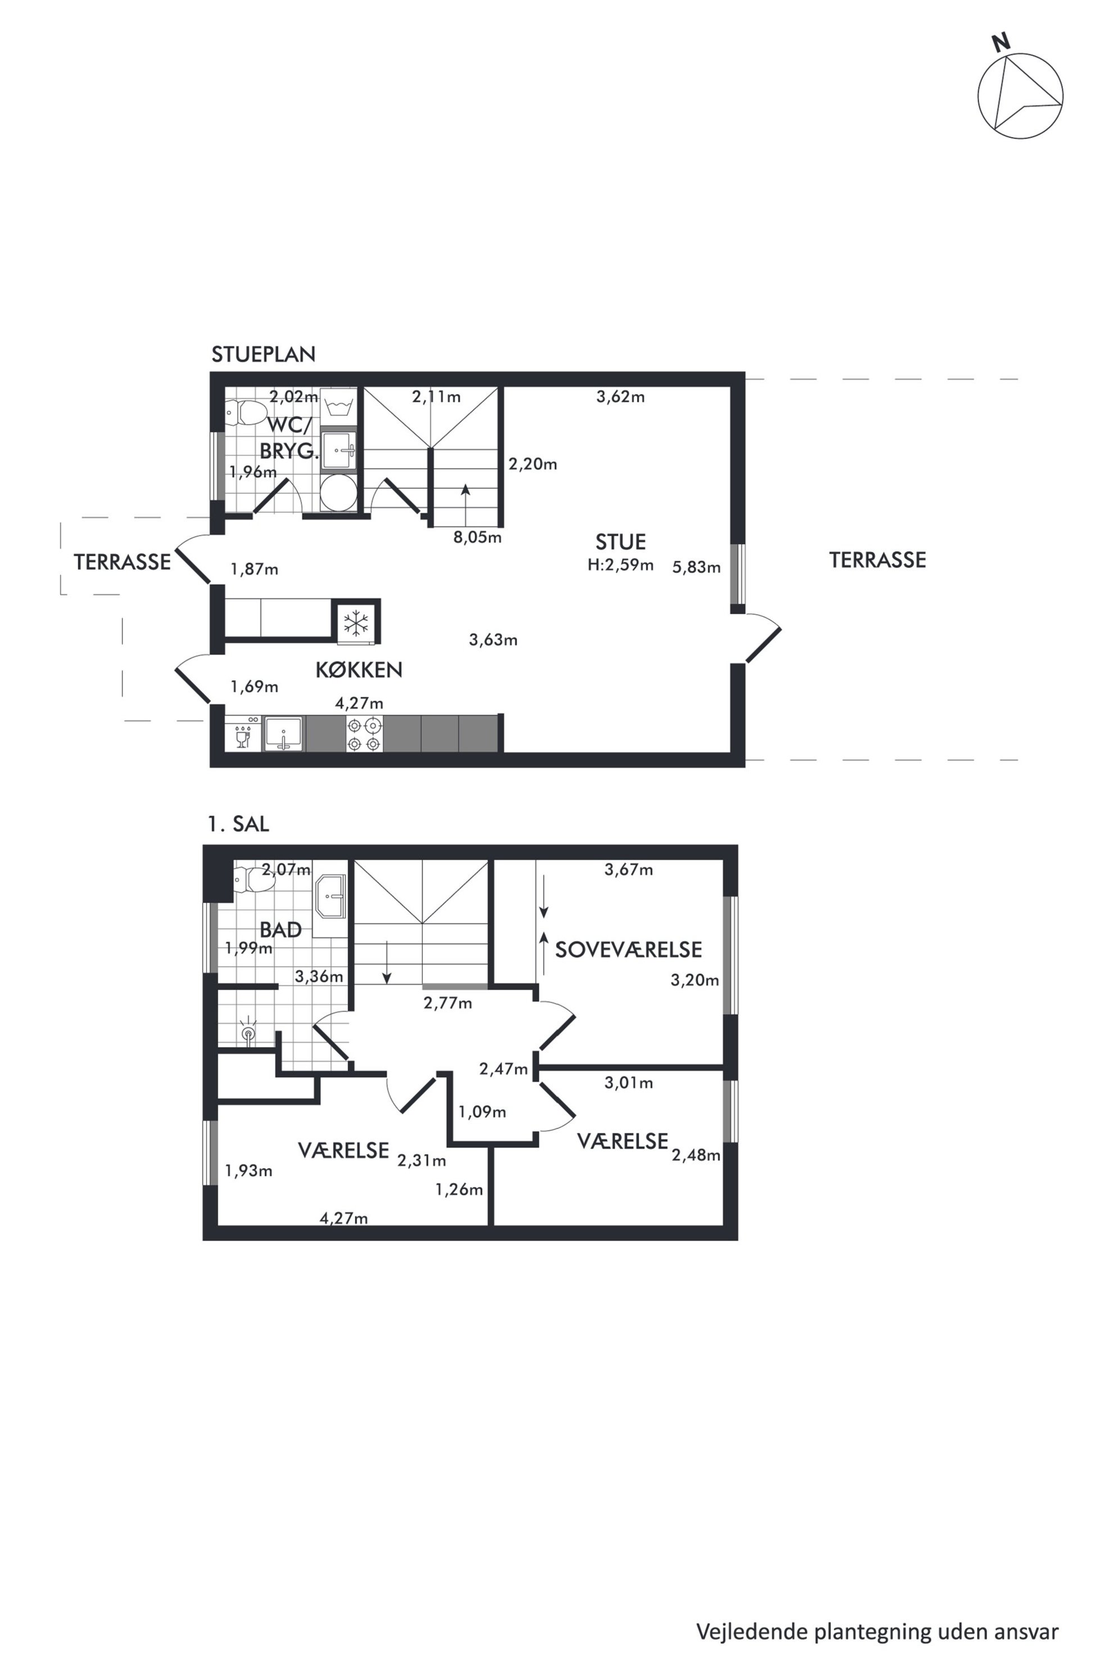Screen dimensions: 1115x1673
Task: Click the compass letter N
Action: click(1001, 43)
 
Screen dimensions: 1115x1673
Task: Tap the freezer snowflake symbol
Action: click(356, 623)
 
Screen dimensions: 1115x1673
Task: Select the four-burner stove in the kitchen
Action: click(364, 734)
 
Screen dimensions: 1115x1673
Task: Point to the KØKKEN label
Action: click(359, 670)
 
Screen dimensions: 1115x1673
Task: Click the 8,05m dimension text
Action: click(478, 537)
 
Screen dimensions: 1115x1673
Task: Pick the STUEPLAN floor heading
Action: click(264, 354)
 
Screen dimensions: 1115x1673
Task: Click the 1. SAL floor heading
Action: click(238, 824)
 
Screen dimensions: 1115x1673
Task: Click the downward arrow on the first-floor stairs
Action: click(386, 962)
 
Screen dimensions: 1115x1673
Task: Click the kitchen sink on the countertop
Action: click(283, 734)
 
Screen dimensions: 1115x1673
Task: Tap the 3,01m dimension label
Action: click(629, 1083)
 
